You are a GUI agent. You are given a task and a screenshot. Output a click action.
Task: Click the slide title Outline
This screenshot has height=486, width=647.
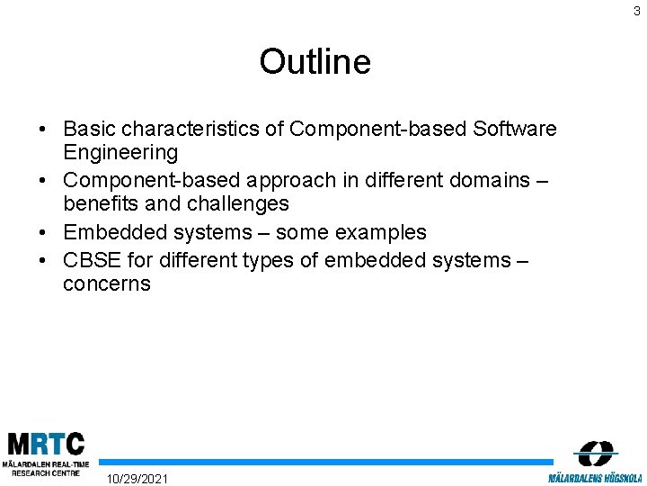coord(315,62)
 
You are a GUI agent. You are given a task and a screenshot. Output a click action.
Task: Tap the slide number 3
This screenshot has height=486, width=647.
coord(637,12)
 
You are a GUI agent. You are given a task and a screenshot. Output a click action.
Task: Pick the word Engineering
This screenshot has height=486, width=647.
coord(120,153)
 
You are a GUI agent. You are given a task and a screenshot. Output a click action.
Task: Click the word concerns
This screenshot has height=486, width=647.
coord(107,284)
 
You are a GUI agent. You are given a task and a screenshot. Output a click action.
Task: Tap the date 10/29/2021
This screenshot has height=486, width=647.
coord(137,478)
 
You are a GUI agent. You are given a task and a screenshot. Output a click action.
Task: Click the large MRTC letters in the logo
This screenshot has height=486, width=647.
coord(46,445)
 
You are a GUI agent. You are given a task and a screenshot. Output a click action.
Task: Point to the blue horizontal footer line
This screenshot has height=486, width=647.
coord(323,462)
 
